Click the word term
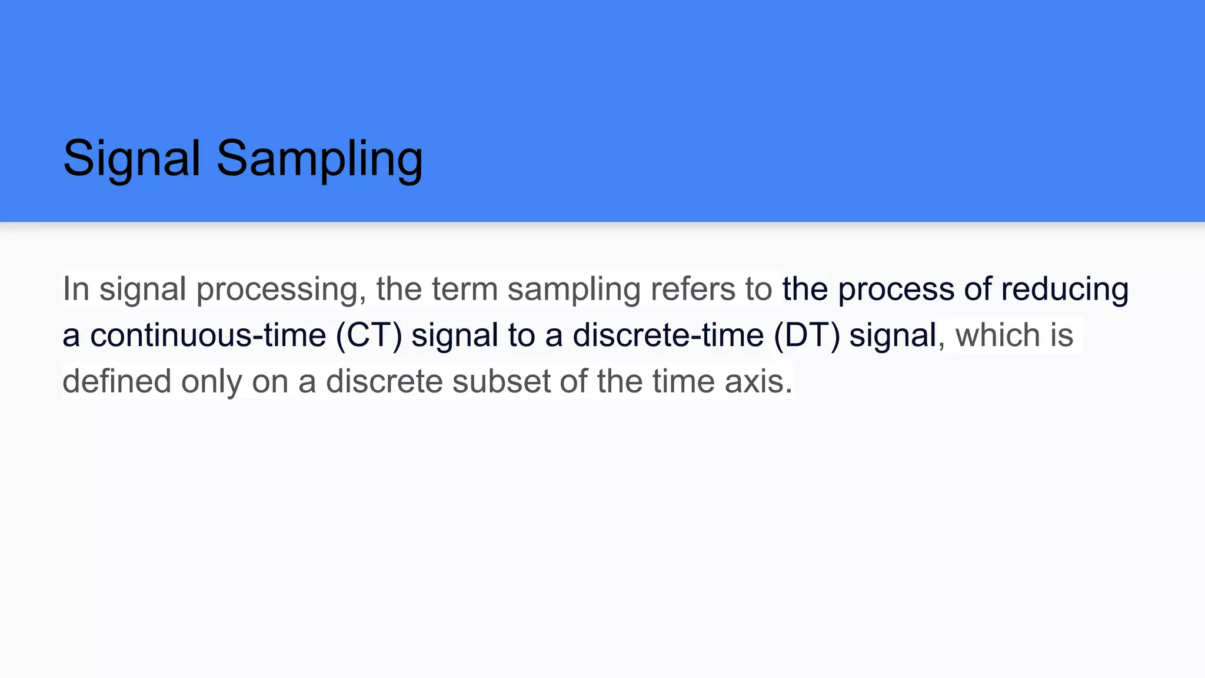point(465,289)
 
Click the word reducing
point(1064,289)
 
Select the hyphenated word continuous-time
point(208,335)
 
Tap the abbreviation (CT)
point(369,335)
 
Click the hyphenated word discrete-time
point(668,335)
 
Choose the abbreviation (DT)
point(807,335)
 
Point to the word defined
point(117,381)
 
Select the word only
point(211,381)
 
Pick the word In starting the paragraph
point(76,289)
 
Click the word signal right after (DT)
point(893,335)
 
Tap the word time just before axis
point(683,381)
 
